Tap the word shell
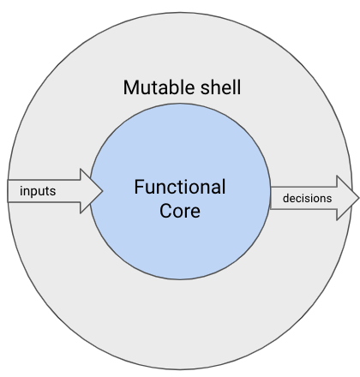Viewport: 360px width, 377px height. pos(220,87)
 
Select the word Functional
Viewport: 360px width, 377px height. pos(180,187)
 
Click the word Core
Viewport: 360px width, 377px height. pos(180,211)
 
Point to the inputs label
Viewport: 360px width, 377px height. pos(38,191)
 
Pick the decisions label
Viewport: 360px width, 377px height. pos(308,198)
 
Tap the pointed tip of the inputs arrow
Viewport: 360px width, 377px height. pos(102,191)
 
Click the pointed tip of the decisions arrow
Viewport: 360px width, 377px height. pos(358,198)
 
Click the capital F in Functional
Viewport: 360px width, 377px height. pos(139,187)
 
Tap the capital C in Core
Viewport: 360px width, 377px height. pos(165,211)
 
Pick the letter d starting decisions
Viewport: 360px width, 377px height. pos(285,198)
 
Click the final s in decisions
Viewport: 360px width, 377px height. pos(329,200)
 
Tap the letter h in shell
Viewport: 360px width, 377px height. pos(214,87)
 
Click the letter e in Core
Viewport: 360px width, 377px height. pos(195,212)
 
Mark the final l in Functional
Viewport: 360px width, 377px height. pos(224,187)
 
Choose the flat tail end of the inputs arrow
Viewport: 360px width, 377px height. pos(8,191)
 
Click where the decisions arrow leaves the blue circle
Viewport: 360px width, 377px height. pos(270,198)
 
